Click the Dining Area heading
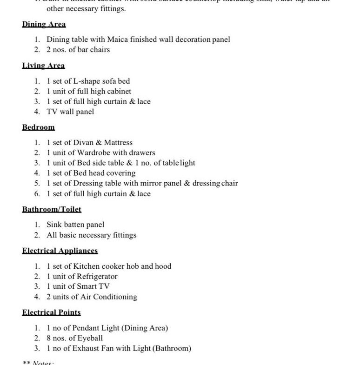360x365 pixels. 44,24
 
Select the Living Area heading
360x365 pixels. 43,66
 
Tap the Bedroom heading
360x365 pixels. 38,127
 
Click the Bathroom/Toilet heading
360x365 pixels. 52,209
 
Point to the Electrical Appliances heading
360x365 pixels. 60,251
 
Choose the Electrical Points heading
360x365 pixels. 51,312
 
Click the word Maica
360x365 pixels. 120,40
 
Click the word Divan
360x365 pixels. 84,142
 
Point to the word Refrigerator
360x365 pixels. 97,276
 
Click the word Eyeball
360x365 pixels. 90,338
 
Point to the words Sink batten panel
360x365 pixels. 75,225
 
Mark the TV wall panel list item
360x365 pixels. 70,112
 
